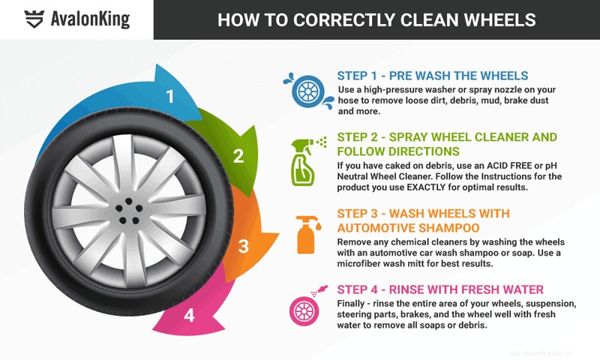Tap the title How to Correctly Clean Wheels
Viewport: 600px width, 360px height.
(x=377, y=19)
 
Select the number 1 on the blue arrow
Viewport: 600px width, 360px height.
(x=170, y=97)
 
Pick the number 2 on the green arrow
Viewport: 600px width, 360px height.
(x=238, y=157)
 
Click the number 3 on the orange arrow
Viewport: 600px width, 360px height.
(x=243, y=246)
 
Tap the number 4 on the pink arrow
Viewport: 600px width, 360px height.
(x=189, y=315)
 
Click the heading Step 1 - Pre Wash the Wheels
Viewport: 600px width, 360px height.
(x=433, y=76)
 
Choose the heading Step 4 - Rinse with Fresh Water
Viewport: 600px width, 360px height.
(x=440, y=289)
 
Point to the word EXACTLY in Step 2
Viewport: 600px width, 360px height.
(x=430, y=187)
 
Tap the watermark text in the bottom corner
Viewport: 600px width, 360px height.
(x=550, y=350)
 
